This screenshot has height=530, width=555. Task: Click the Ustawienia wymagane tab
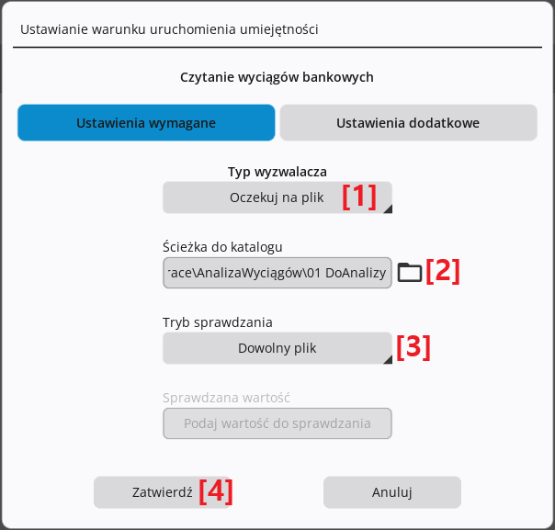[x=146, y=122]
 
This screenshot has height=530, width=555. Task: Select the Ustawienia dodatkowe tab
[x=409, y=122]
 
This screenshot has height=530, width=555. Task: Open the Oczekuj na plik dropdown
[x=277, y=197]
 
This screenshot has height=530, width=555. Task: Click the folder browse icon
[x=410, y=273]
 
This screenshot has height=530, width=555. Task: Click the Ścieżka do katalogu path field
[x=277, y=273]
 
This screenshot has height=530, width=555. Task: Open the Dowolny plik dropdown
[x=277, y=348]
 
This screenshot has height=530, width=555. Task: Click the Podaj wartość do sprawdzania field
[x=277, y=423]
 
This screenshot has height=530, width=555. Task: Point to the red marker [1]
[x=359, y=197]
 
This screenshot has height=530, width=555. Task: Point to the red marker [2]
[x=443, y=271]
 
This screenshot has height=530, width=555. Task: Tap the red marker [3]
[x=413, y=347]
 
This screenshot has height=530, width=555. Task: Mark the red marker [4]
[x=216, y=491]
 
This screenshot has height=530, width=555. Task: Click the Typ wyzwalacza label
[x=277, y=172]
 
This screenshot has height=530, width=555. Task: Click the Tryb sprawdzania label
[x=218, y=322]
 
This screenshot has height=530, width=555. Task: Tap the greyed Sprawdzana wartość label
[x=226, y=398]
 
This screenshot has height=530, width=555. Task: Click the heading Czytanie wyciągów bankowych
[x=277, y=77]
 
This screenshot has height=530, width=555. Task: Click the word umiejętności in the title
[x=279, y=29]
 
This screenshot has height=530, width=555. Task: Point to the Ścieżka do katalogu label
[x=222, y=246]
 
